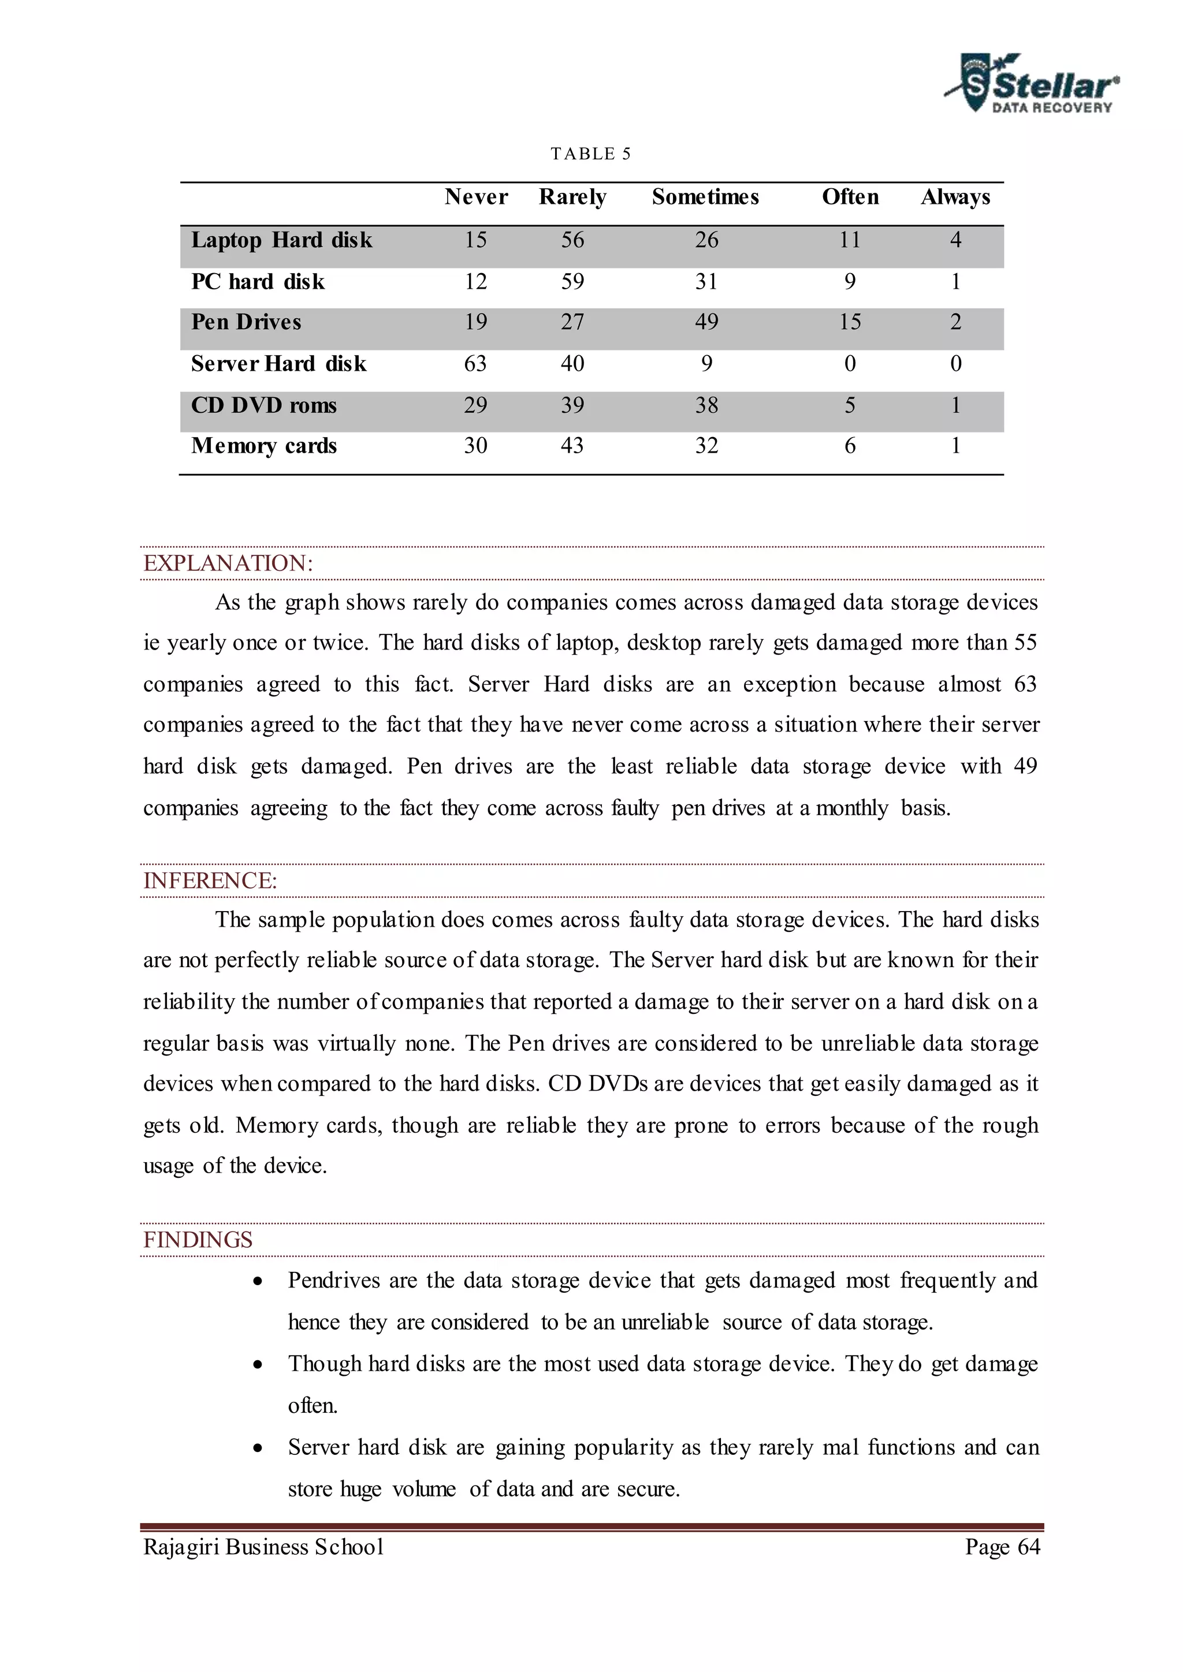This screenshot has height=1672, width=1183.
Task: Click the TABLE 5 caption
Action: (x=591, y=154)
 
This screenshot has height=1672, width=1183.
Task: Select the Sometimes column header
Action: (x=705, y=197)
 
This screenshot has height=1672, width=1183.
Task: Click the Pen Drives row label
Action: (x=246, y=322)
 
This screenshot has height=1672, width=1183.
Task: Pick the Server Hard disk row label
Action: (x=278, y=363)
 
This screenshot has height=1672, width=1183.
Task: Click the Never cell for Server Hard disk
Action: (x=475, y=363)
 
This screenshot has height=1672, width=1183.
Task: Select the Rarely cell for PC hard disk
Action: (x=572, y=281)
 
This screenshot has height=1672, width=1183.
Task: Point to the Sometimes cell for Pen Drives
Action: (x=706, y=322)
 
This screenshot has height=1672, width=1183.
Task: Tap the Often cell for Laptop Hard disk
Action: (x=849, y=240)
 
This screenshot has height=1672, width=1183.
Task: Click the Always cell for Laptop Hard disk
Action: (x=956, y=240)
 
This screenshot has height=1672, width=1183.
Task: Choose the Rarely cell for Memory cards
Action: (x=572, y=446)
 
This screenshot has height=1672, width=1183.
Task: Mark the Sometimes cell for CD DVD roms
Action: (x=706, y=405)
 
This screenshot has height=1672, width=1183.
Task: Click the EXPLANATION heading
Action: (x=228, y=563)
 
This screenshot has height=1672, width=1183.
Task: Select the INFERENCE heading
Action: (x=210, y=880)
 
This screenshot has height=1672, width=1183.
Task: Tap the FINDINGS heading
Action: (x=198, y=1240)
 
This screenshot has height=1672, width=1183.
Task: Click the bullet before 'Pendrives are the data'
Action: (x=258, y=1282)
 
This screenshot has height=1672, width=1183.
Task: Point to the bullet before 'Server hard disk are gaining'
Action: (x=258, y=1449)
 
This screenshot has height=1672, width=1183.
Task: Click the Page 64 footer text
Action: (x=1002, y=1547)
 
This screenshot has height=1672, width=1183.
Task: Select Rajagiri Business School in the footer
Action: (x=264, y=1547)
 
